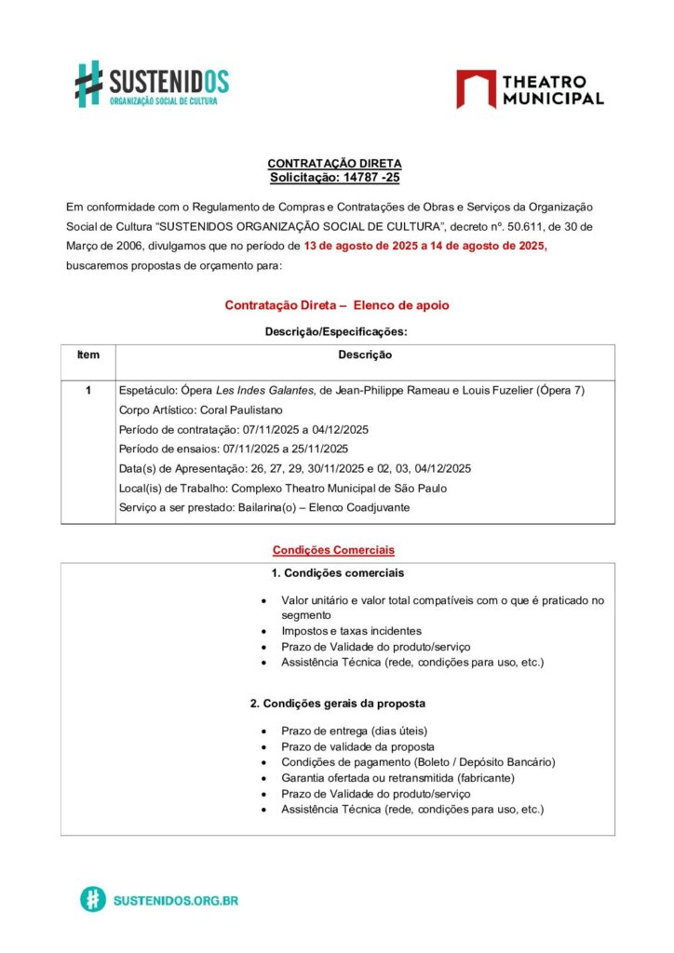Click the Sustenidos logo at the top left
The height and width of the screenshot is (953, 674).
click(151, 84)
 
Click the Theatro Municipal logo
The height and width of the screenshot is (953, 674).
click(530, 89)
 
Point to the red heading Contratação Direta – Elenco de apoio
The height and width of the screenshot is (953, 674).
click(337, 305)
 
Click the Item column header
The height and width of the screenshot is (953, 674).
click(88, 355)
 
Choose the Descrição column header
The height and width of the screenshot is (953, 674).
click(365, 355)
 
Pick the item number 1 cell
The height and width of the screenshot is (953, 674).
click(88, 390)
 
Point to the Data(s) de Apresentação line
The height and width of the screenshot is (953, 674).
click(295, 468)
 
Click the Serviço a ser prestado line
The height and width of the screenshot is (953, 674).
click(264, 507)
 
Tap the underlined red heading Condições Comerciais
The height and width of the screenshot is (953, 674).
click(334, 550)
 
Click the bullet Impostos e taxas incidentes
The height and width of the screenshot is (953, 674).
click(351, 631)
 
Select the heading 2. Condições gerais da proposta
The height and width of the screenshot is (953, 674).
click(337, 704)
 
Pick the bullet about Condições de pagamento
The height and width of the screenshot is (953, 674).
click(418, 762)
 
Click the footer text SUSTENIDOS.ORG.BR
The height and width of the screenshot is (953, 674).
click(175, 900)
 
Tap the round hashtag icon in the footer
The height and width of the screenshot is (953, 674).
click(92, 899)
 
